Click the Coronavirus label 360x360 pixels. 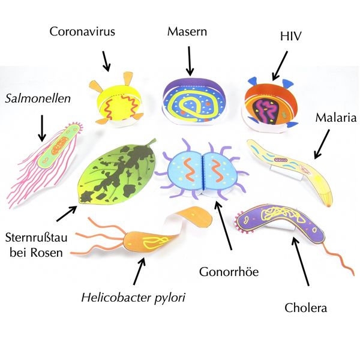(x=82, y=31)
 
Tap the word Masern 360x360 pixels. (x=187, y=31)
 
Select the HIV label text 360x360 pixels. (x=290, y=36)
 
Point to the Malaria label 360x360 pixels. (x=336, y=118)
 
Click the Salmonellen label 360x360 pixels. (x=38, y=98)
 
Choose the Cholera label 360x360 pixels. (x=306, y=308)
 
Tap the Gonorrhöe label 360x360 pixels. (x=229, y=272)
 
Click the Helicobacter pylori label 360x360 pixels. (x=133, y=298)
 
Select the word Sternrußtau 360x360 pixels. (x=36, y=238)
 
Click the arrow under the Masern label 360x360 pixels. (x=190, y=61)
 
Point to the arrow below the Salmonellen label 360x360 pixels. (x=42, y=128)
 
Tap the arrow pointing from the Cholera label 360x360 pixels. (x=301, y=262)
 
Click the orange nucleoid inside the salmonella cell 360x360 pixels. (x=59, y=145)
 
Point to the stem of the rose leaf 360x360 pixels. (x=151, y=143)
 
